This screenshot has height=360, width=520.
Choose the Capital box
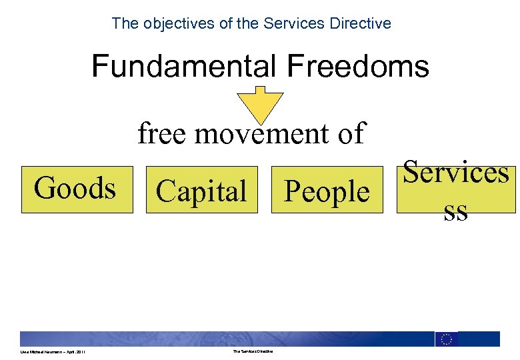201,191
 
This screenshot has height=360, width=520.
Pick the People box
327,191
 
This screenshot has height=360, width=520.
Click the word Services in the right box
456,172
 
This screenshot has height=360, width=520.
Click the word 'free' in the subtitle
163,133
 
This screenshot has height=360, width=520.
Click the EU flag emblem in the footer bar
447,339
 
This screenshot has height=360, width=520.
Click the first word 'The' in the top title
125,23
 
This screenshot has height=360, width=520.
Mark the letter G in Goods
44,188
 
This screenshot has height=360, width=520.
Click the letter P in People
292,191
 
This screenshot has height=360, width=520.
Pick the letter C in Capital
165,191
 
